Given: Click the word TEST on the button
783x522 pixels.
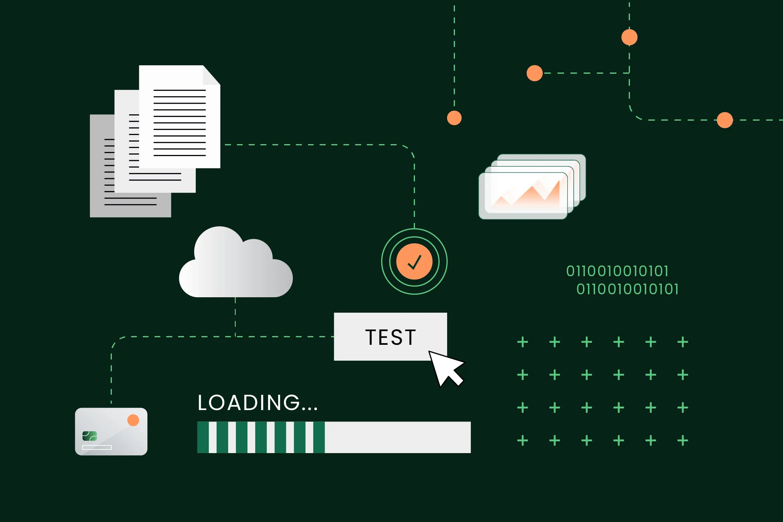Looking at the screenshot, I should pos(391,337).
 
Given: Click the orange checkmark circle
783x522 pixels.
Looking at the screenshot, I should pos(414,262).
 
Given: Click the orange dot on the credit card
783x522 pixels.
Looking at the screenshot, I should pos(133,420).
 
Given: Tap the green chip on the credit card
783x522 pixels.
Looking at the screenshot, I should pos(90,436).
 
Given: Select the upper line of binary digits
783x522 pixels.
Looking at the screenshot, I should pos(617,271).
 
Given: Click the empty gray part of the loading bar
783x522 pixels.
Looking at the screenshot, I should pos(398,437).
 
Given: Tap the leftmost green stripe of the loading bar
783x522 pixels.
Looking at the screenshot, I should pos(203,437).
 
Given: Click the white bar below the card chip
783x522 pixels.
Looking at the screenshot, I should pos(97,447).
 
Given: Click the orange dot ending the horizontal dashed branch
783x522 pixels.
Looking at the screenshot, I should pos(535,73).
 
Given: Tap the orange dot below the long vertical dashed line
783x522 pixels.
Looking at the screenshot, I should pos(454,118).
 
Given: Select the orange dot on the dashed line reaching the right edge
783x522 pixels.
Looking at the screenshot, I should pos(725,120).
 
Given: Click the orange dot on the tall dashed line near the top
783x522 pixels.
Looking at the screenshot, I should pos(629,37).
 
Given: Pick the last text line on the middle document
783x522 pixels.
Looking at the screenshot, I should pos(155,180).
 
